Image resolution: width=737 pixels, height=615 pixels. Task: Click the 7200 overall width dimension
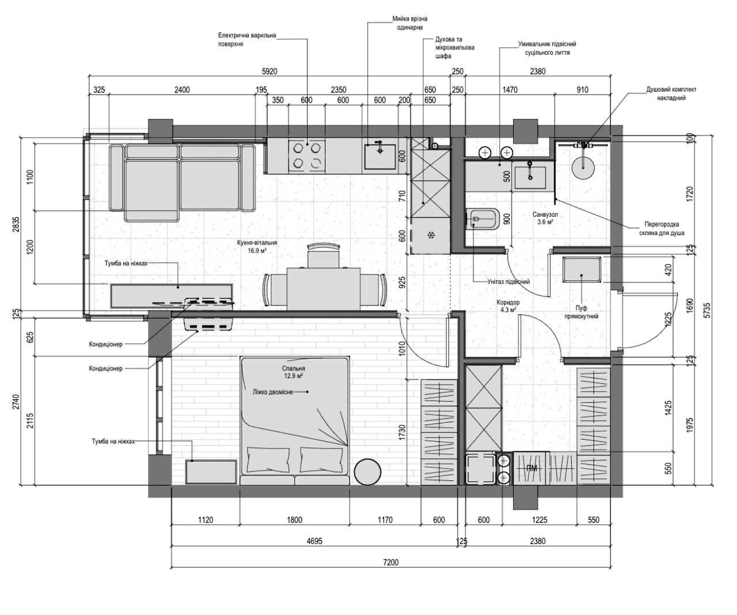point(390,563)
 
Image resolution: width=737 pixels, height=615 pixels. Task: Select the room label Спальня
point(294,368)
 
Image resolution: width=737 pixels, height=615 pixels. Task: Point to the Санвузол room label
point(545,214)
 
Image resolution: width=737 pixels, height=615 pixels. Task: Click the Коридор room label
point(508,303)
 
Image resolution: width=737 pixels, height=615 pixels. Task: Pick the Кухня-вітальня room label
point(257,243)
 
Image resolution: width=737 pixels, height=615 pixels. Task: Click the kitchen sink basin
point(380,157)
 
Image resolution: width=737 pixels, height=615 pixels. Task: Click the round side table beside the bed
point(368,471)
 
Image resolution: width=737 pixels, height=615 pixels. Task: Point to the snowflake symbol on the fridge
point(431,235)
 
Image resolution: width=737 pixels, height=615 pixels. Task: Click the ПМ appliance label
point(531,469)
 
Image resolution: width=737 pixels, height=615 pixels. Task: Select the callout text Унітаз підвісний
point(508,282)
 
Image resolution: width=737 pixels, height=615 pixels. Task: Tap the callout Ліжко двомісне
point(272,391)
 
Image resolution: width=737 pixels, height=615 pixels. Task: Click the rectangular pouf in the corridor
point(582,270)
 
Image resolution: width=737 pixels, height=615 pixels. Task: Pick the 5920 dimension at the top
point(269,71)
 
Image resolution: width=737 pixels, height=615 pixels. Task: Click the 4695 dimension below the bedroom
point(314,541)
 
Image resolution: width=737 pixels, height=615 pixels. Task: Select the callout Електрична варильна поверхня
point(247,40)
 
